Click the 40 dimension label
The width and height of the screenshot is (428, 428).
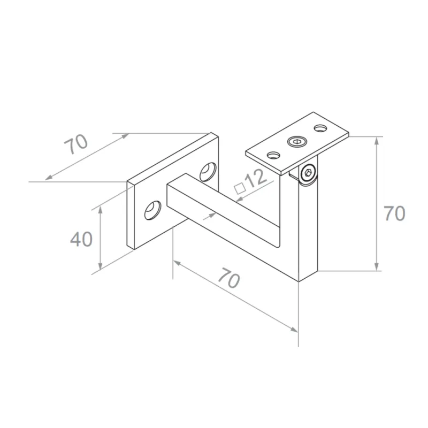tap(81, 239)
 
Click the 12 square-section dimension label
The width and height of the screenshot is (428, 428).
tap(256, 178)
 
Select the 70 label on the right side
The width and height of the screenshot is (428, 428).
tap(394, 214)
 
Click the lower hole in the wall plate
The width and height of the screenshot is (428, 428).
tap(154, 210)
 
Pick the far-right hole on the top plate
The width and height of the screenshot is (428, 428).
tap(320, 128)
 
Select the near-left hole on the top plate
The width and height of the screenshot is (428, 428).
tap(273, 156)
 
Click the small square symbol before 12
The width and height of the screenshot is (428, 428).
tap(240, 188)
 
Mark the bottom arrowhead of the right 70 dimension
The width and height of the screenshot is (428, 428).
tap(378, 267)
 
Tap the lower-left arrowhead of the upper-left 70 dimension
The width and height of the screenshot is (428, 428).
tap(49, 178)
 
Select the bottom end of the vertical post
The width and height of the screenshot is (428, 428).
tap(308, 275)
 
